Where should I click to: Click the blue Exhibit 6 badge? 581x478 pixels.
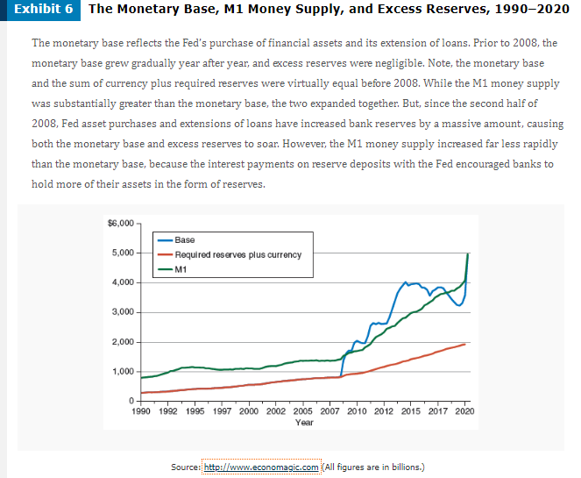click(x=40, y=11)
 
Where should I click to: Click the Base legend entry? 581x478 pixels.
click(x=185, y=239)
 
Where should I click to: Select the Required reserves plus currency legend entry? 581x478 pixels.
click(x=237, y=254)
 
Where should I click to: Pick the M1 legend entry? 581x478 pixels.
click(x=182, y=269)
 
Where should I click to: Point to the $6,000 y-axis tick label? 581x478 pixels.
click(x=120, y=224)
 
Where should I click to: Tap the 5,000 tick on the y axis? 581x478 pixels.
click(x=122, y=253)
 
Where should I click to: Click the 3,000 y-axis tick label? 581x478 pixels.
click(x=122, y=312)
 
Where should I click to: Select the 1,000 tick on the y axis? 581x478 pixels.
click(x=122, y=372)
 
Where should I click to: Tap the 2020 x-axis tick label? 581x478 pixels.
click(x=465, y=410)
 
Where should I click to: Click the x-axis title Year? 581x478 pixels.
click(x=305, y=422)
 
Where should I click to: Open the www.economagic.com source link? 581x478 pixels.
click(x=261, y=466)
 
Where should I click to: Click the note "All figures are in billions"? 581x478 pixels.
click(x=373, y=466)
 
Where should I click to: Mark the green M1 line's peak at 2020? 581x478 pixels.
click(x=467, y=253)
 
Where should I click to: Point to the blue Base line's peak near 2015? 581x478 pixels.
click(x=405, y=282)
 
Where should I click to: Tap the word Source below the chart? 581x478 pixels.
click(x=184, y=466)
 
